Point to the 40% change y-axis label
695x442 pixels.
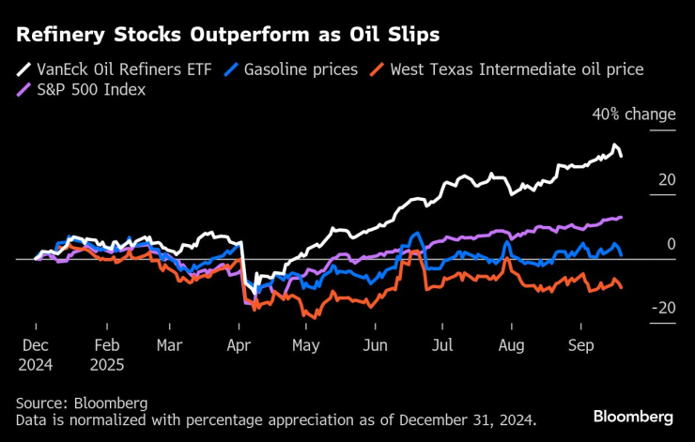pos(633,114)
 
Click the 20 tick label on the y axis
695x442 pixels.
pos(666,179)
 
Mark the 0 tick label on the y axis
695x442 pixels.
pos(671,244)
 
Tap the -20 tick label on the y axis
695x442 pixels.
pos(662,308)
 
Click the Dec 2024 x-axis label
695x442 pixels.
pos(35,354)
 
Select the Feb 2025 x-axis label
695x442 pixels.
pos(107,354)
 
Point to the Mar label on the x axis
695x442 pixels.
pos(169,345)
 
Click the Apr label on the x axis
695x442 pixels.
pos(239,345)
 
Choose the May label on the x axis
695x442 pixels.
pos(306,345)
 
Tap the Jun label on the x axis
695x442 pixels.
pos(376,345)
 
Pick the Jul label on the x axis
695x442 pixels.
pos(441,345)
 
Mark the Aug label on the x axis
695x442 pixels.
pos(512,345)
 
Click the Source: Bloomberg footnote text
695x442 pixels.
pos(82,404)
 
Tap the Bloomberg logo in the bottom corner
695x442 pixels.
pos(633,416)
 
